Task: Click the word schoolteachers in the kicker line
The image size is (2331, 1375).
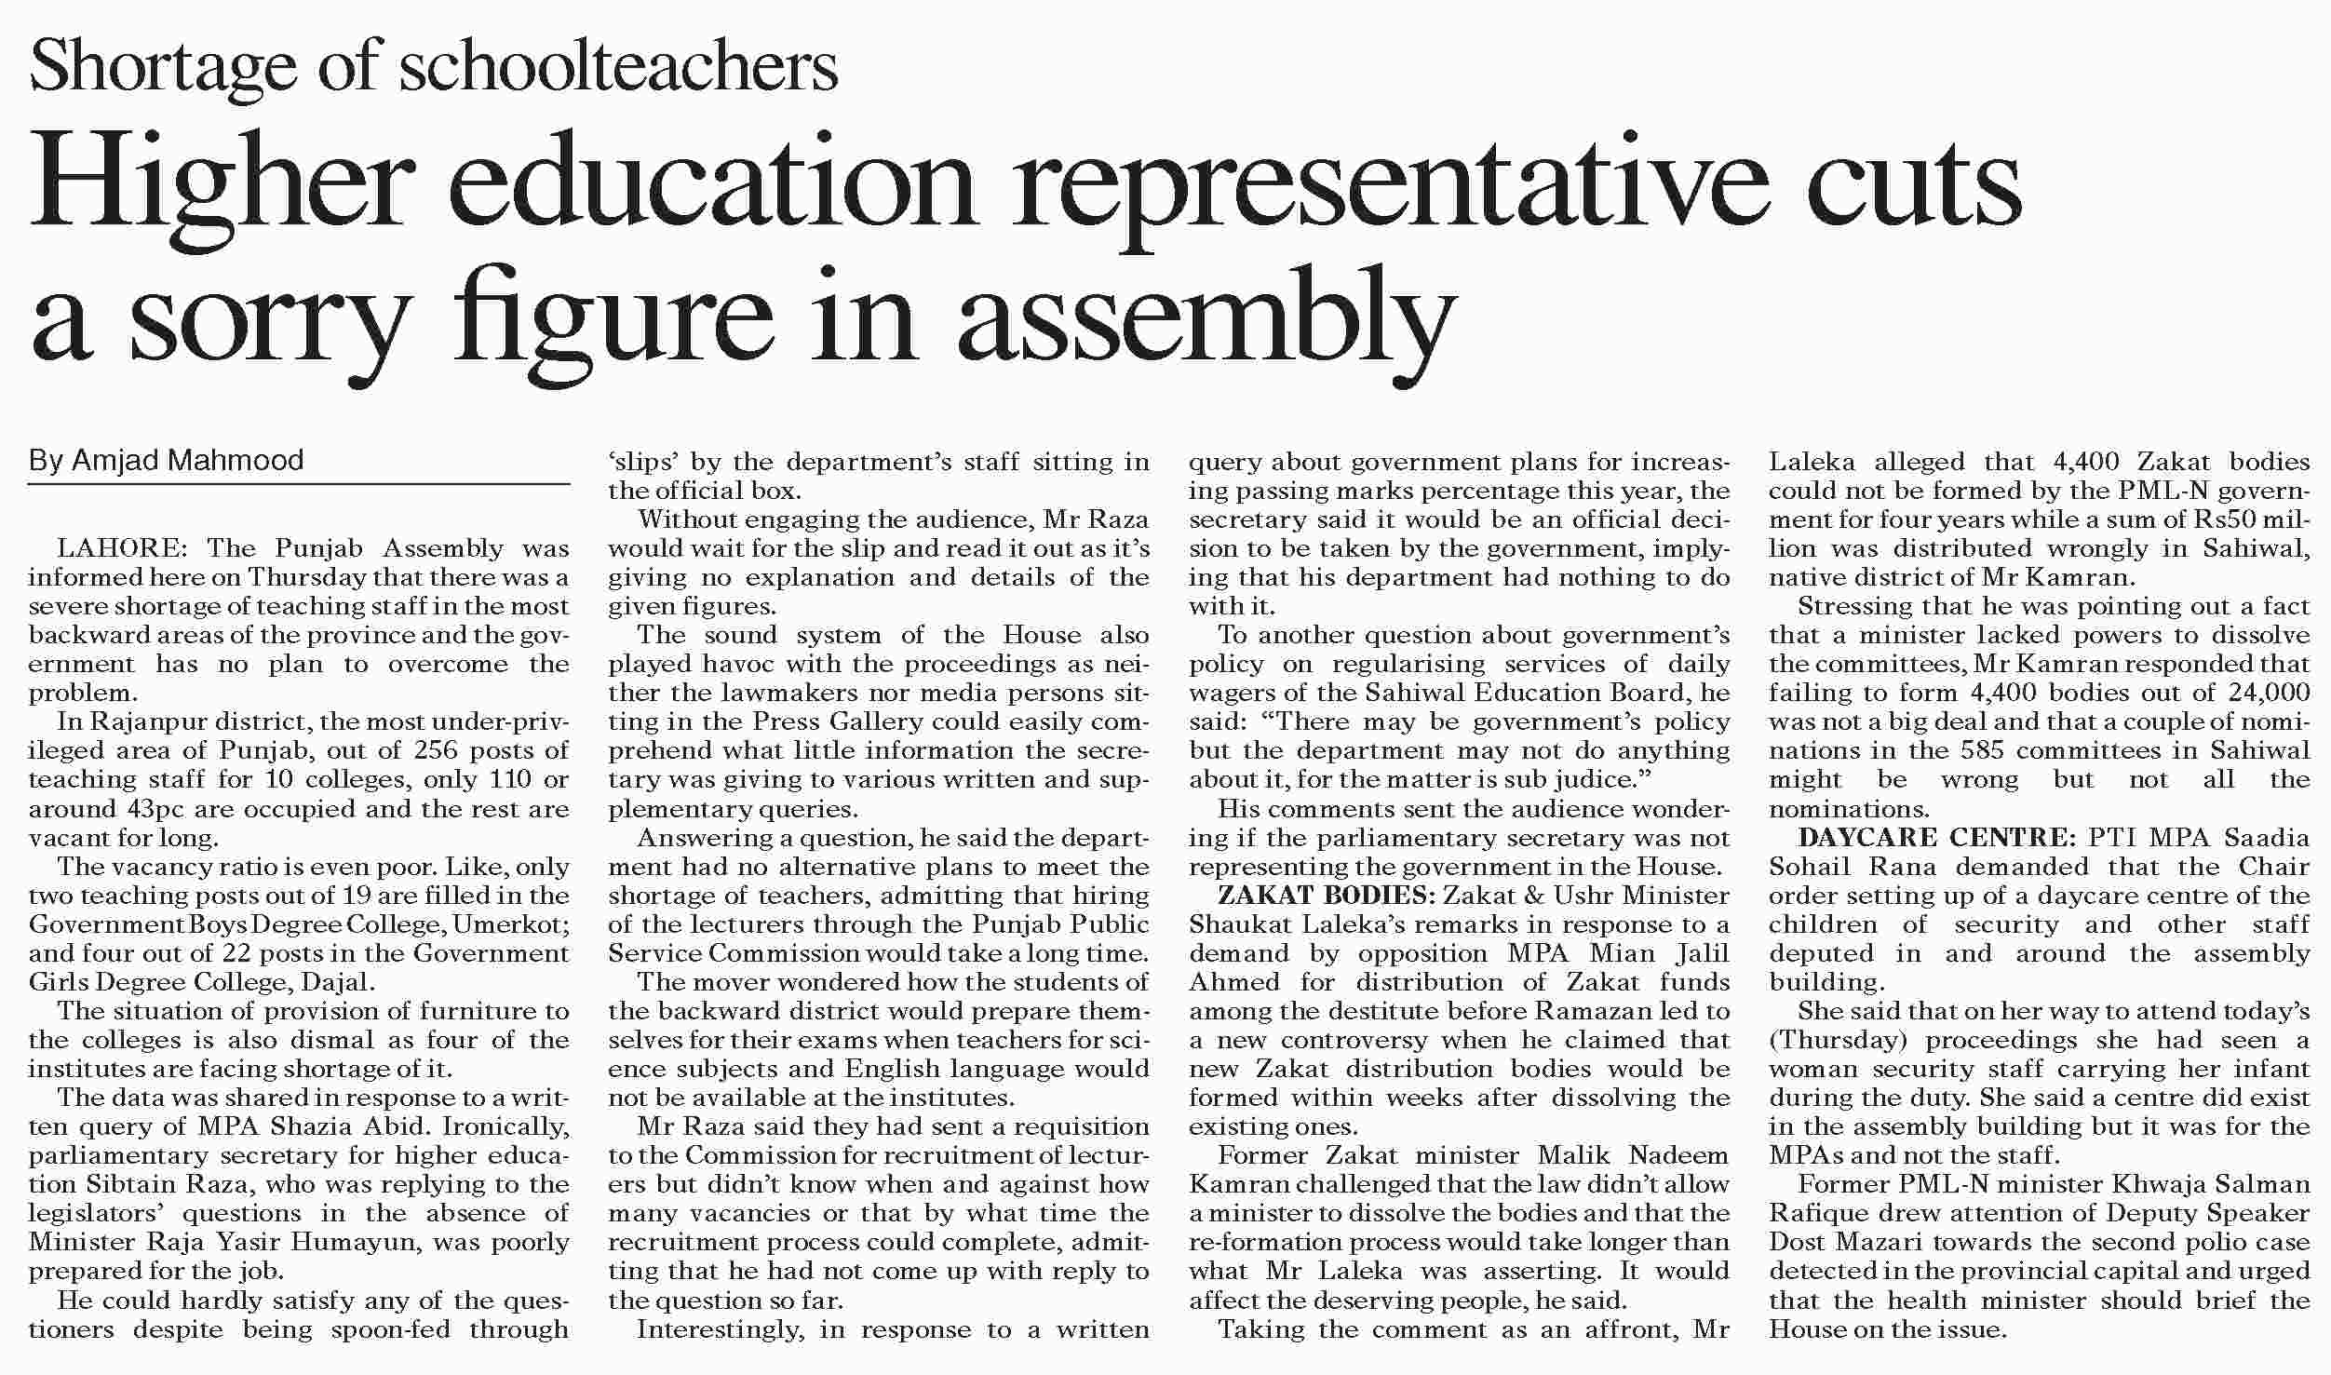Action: [619, 66]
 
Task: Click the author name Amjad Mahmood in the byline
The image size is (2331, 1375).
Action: [187, 460]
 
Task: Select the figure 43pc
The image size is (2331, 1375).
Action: [155, 808]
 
